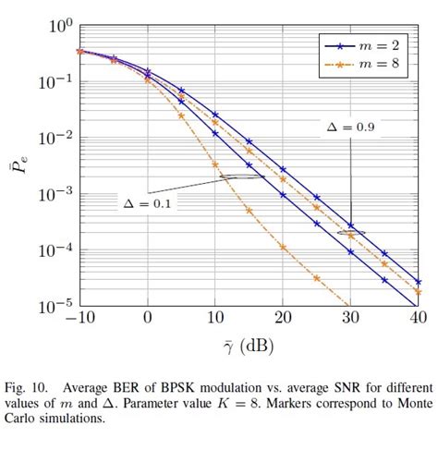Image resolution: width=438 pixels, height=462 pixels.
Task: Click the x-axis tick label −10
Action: tap(80, 319)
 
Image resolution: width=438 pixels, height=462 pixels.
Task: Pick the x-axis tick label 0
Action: tap(148, 319)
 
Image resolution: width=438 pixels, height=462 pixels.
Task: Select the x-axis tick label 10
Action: tap(215, 319)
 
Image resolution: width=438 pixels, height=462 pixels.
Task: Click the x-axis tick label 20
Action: tap(283, 319)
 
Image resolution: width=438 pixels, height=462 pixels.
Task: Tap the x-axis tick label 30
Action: tap(350, 319)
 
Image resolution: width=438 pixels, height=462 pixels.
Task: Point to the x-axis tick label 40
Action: tap(417, 319)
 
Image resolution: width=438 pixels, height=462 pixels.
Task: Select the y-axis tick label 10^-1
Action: tap(54, 83)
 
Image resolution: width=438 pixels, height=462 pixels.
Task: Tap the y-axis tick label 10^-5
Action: tap(54, 305)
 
